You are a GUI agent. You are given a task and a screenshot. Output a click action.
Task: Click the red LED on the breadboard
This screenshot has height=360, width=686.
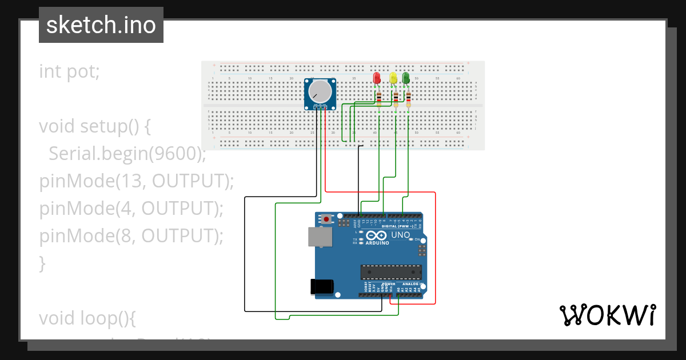coord(376,78)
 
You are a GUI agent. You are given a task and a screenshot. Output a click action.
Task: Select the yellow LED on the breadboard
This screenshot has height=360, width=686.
coord(393,78)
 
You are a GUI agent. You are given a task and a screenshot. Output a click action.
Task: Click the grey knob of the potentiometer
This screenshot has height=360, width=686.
coord(320,91)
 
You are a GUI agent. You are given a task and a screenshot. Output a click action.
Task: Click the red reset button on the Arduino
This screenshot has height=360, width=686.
coord(326,219)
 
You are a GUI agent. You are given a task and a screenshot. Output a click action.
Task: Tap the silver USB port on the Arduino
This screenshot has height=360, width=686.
coord(318,237)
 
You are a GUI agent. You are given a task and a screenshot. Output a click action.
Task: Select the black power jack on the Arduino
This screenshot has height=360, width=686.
coord(320,286)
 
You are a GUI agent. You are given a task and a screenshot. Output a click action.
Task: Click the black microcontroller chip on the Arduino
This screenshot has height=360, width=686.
coord(390,272)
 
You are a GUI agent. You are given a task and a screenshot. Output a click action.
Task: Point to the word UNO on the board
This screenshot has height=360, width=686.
coord(400,235)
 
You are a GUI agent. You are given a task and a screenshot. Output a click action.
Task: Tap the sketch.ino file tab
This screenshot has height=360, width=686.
coord(101,25)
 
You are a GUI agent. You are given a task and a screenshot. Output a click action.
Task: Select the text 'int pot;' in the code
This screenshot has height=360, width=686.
coord(69,71)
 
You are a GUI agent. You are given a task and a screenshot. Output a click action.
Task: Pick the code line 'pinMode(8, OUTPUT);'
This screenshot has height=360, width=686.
coord(131,235)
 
